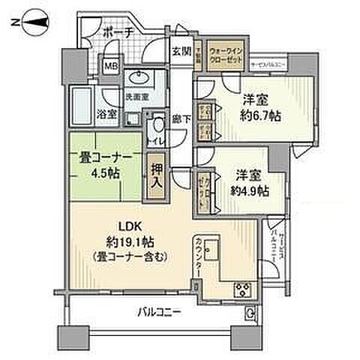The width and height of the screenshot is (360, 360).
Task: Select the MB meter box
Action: tap(111, 66)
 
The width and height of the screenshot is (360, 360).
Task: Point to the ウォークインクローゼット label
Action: tap(226, 55)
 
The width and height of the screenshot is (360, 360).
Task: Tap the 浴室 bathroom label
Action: tap(106, 114)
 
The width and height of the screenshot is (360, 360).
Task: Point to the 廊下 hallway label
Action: tap(181, 118)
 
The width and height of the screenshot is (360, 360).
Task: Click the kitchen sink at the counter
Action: tap(211, 248)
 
